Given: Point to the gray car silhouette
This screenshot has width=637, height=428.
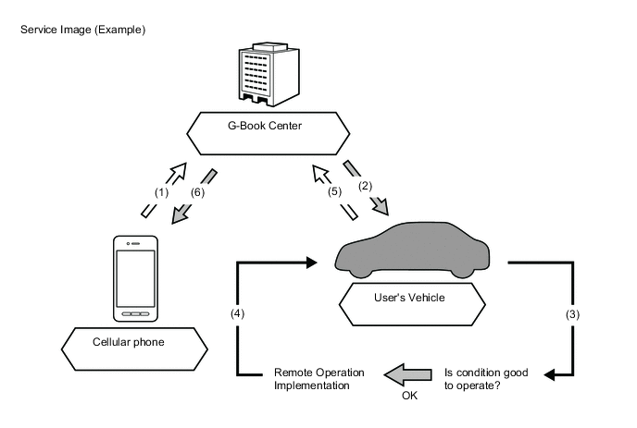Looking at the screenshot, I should pyautogui.click(x=414, y=251).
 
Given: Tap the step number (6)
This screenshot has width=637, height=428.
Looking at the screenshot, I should pyautogui.click(x=197, y=192).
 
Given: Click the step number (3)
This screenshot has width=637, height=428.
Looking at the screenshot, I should pyautogui.click(x=574, y=314).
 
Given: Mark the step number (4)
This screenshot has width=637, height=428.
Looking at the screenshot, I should pyautogui.click(x=237, y=314).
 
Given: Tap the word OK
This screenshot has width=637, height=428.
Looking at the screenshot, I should pyautogui.click(x=408, y=395).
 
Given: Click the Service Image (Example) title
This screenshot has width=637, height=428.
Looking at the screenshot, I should pyautogui.click(x=83, y=31).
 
